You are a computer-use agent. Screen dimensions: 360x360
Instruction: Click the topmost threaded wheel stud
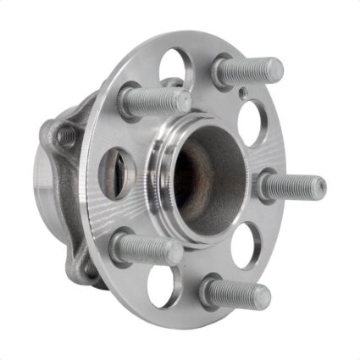247,71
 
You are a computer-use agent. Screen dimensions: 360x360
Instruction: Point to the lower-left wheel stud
146,248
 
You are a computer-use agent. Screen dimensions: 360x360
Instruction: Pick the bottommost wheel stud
235,294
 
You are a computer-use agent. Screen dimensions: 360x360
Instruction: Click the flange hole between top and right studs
253,120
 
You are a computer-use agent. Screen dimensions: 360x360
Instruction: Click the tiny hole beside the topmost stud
243,92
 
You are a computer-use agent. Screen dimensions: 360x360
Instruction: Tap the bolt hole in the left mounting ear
64,136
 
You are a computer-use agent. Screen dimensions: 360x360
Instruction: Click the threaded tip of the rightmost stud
315,186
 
